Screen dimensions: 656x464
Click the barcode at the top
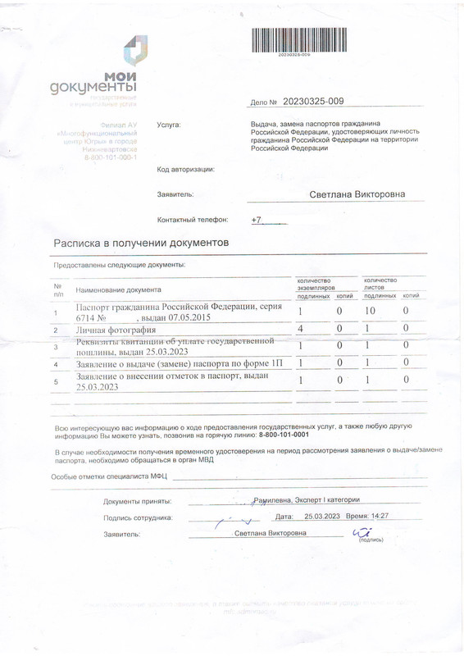point(294,40)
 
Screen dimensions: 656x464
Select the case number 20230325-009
point(313,102)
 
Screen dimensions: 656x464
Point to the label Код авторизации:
point(185,170)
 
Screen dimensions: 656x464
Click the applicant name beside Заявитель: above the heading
point(357,194)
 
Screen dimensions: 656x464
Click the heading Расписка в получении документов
point(142,244)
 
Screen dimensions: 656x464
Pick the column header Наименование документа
point(119,289)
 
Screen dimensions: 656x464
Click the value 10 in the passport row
point(370,312)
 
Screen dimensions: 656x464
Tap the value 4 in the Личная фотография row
point(301,329)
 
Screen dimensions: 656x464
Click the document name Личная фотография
point(110,330)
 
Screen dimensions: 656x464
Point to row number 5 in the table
point(56,381)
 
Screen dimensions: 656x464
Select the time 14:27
point(377,517)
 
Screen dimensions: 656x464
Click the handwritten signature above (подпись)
point(361,533)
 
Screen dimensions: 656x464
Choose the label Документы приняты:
point(137,500)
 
